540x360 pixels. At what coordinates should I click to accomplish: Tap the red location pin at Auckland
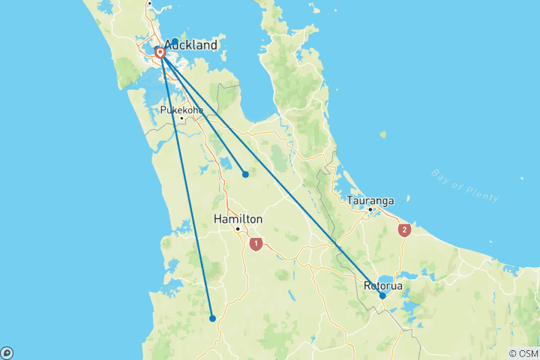[160, 53]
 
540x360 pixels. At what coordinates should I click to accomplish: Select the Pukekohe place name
[181, 109]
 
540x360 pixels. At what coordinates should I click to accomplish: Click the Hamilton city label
[238, 219]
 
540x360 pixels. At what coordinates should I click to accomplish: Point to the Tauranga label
[370, 200]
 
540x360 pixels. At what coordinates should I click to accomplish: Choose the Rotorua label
[383, 286]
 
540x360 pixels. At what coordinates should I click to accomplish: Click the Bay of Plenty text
[465, 185]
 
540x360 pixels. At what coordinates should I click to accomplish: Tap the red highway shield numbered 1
[256, 244]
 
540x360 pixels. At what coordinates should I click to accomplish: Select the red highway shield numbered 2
[405, 230]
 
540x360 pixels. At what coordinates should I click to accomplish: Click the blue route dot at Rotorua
[382, 296]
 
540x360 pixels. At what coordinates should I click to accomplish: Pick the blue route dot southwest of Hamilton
[213, 318]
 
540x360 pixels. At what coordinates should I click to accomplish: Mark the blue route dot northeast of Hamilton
[245, 174]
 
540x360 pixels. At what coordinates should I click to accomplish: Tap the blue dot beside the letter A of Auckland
[175, 42]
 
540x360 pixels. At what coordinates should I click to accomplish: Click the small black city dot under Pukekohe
[181, 118]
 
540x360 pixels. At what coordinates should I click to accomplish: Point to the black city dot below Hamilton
[238, 229]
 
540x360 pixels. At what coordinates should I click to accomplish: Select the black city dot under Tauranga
[370, 209]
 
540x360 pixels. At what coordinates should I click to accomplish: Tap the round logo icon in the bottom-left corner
[7, 352]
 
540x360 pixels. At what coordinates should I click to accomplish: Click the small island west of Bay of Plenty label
[383, 135]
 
